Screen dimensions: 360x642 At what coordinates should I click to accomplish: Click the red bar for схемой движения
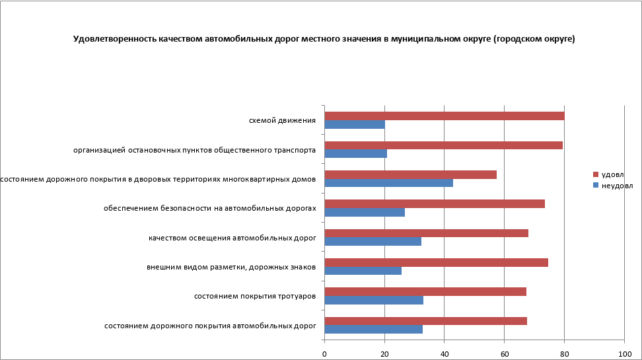(x=445, y=116)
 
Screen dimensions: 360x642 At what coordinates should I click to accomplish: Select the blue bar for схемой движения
(x=355, y=125)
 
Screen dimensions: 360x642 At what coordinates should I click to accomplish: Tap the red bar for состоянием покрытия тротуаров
(x=425, y=291)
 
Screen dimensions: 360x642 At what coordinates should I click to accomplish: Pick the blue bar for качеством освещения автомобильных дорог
(x=373, y=242)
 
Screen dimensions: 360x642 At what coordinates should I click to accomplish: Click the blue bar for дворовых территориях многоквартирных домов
(x=389, y=183)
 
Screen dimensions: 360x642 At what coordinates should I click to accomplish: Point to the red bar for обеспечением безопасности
(x=435, y=203)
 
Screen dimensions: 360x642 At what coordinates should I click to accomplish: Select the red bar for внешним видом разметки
(x=437, y=262)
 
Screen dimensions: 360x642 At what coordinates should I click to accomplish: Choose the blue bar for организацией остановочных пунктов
(x=356, y=154)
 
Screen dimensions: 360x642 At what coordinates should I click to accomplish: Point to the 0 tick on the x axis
(x=325, y=354)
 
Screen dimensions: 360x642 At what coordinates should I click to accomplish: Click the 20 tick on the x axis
(x=384, y=354)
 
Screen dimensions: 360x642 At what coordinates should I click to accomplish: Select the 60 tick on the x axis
(x=505, y=354)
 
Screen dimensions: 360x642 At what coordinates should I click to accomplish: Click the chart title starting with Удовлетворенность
(x=324, y=39)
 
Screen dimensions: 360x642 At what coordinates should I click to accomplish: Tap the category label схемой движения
(x=282, y=121)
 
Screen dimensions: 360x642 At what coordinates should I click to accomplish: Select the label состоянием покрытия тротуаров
(x=254, y=296)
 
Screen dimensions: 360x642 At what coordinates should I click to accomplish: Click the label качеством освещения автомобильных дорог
(x=232, y=238)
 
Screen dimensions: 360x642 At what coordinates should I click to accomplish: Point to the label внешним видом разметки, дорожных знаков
(x=231, y=267)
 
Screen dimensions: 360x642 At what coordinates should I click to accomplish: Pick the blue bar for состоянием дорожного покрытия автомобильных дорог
(x=374, y=329)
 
